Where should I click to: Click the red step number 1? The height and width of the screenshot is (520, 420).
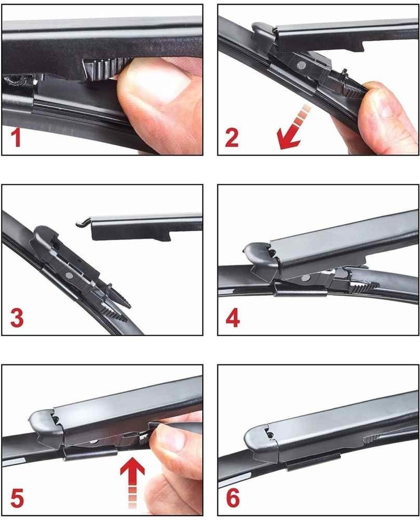(x=16, y=138)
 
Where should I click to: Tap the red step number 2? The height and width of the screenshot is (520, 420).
(x=232, y=138)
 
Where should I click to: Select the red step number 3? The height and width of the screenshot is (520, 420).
(x=17, y=318)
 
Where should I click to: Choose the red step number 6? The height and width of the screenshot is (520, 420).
(x=233, y=498)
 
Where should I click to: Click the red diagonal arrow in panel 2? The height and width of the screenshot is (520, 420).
(x=293, y=128)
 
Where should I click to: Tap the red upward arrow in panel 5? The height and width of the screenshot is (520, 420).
(x=132, y=483)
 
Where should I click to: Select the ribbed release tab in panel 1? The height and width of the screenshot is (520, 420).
(x=101, y=70)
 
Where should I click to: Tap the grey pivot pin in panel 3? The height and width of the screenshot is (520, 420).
(x=69, y=275)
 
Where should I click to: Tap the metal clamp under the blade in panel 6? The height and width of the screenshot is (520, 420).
(x=313, y=463)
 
